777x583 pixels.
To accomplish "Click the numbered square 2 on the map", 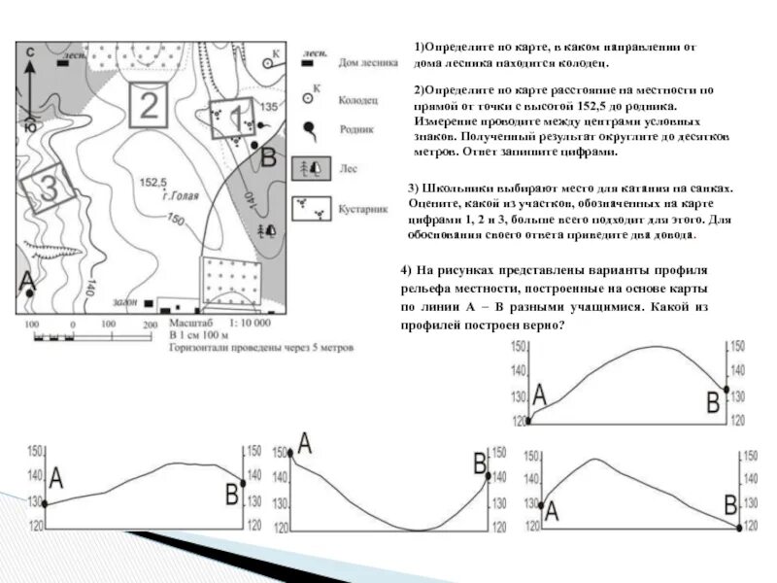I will (x=149, y=104).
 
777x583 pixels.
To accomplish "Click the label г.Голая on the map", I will (x=181, y=196).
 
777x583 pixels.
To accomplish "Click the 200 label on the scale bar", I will (x=150, y=324).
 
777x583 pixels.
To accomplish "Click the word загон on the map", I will (x=124, y=303).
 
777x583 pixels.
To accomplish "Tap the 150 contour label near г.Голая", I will (x=175, y=220).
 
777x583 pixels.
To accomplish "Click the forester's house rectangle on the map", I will (x=63, y=63).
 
